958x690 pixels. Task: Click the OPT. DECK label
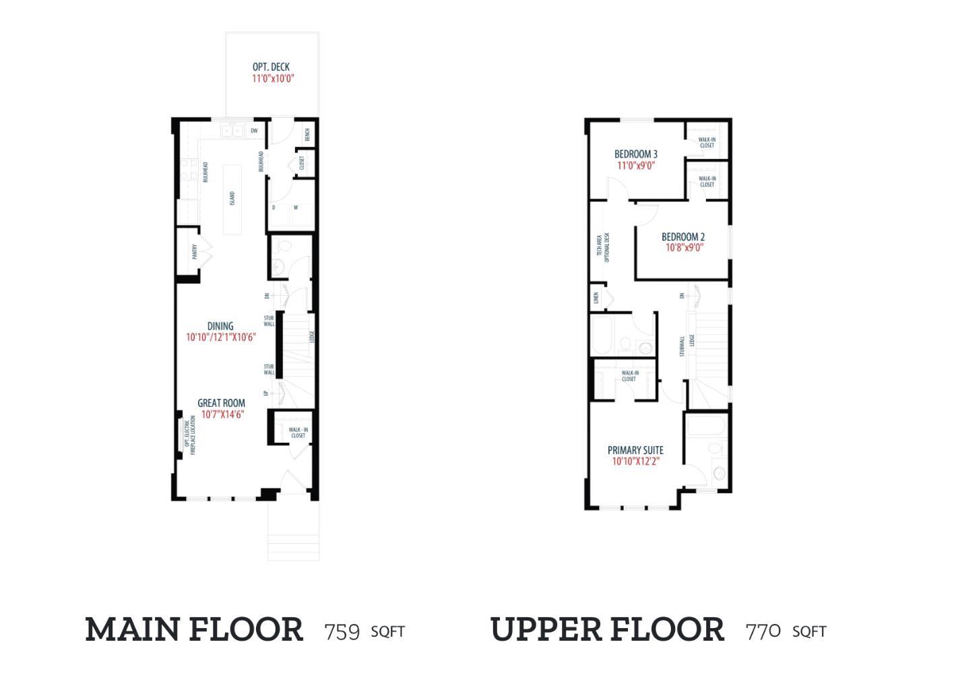(271, 67)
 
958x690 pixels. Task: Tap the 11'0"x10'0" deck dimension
(273, 78)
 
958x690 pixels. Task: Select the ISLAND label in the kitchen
(232, 198)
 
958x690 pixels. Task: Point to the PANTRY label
(194, 252)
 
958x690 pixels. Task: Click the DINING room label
(220, 326)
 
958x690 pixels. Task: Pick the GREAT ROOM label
(221, 403)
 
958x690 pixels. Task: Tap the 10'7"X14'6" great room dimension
(222, 414)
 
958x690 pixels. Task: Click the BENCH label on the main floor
(307, 135)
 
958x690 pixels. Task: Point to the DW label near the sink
(254, 131)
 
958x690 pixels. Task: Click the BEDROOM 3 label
(636, 154)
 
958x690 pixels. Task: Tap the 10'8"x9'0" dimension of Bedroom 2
(684, 247)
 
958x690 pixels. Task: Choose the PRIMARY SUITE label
(635, 450)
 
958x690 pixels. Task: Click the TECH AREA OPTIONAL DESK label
(603, 248)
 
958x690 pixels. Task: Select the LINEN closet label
(596, 297)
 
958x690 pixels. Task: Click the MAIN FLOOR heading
(194, 629)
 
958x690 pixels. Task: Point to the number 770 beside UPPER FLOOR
(763, 631)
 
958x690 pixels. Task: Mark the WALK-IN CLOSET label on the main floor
(298, 433)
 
